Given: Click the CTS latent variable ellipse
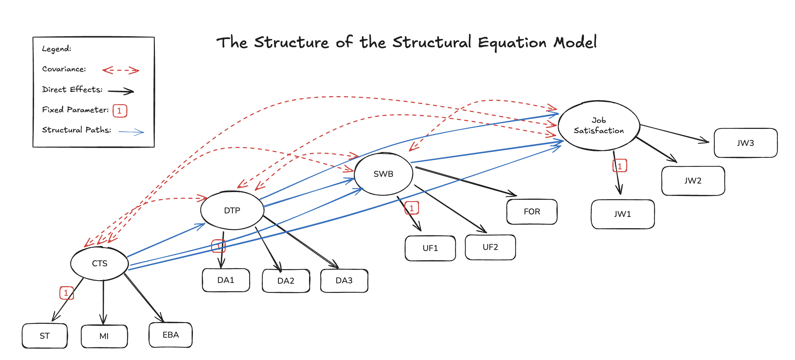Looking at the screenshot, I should point(99,263).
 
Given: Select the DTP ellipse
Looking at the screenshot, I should point(232,210).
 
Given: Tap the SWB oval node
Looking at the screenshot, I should point(383,174).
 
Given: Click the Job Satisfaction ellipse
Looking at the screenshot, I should point(599,125).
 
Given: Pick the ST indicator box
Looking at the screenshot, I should point(45,336).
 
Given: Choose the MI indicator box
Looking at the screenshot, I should point(104,336).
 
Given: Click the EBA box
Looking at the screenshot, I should point(171,335).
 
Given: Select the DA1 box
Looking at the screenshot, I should point(226,280).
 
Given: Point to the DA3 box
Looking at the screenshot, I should point(344,280).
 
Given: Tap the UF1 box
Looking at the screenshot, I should point(430,248).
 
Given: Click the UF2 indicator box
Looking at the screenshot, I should point(490,247).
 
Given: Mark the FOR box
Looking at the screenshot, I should point(532,212).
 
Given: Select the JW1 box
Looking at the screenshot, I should point(622,214).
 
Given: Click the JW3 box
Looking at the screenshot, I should point(745,143).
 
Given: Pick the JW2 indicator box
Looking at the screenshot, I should point(693,181).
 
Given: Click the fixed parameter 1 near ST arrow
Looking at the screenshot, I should point(66,293).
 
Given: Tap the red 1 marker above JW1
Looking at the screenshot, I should point(620,166).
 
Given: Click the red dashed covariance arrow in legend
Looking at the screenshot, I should point(121,70).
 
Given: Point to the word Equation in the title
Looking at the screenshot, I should point(512,43).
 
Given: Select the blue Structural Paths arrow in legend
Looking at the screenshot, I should point(131,132).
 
